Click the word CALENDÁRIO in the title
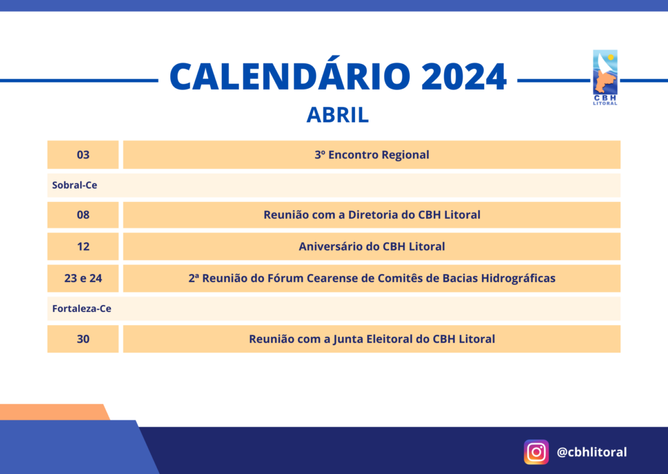point(290,76)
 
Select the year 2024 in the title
point(464,77)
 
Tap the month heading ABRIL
point(337,115)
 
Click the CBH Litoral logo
point(605,78)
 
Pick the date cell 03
point(83,155)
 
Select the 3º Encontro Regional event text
point(372,155)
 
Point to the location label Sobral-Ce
point(74,185)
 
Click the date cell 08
point(83,215)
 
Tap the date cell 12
point(83,246)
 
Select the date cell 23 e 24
point(83,278)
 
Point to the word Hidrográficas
point(518,278)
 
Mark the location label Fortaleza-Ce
point(82,309)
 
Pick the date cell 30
point(83,339)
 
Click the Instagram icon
point(536,452)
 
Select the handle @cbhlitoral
point(592,452)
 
